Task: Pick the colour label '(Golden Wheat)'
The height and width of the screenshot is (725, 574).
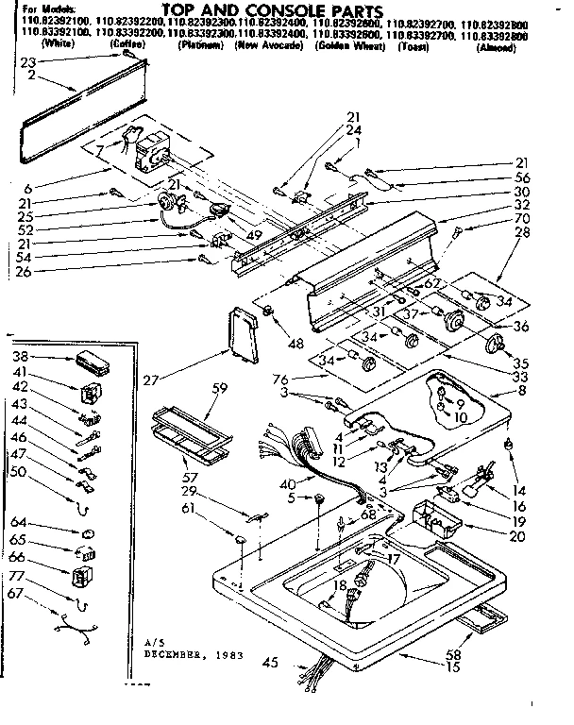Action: pyautogui.click(x=355, y=45)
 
